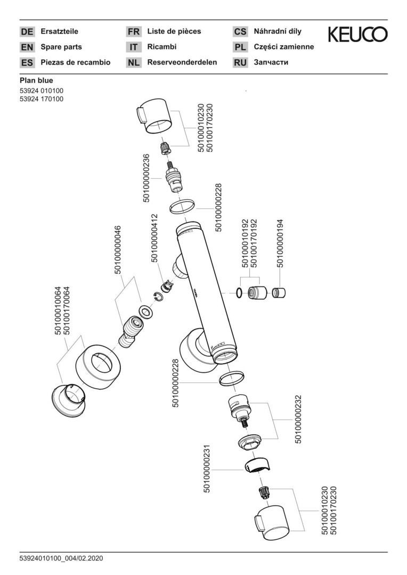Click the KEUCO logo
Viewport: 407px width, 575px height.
coord(357,35)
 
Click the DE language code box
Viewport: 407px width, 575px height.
coord(27,32)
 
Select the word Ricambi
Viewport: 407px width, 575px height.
coord(162,47)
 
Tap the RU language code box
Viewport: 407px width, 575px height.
coord(240,63)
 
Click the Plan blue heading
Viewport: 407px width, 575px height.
coord(36,80)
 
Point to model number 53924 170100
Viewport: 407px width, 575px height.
coord(42,99)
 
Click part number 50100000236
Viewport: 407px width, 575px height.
coord(146,178)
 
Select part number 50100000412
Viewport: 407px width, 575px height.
coord(154,238)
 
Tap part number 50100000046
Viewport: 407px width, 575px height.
coord(118,250)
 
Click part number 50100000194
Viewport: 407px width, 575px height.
coord(280,243)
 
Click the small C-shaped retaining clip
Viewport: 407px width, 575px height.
coord(158,297)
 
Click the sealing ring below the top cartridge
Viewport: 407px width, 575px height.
coord(182,207)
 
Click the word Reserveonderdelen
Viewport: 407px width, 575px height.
coord(182,62)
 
